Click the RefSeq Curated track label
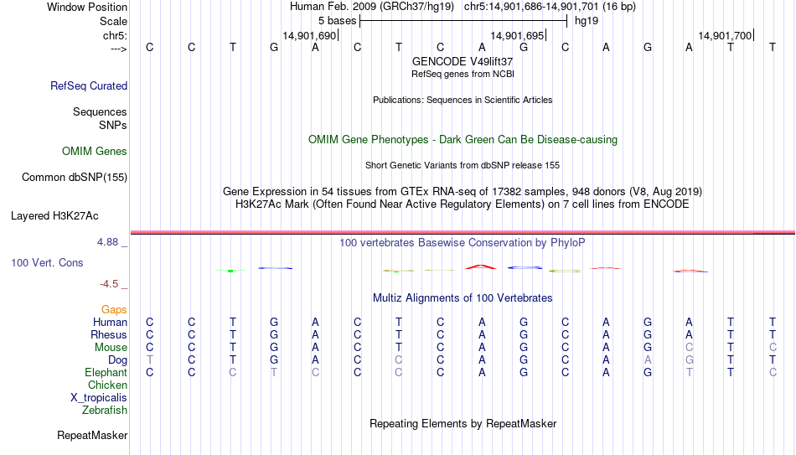click(89, 85)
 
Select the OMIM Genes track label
click(95, 152)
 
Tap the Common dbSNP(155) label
click(75, 178)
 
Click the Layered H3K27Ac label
click(54, 216)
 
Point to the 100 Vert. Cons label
click(47, 262)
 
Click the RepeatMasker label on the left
click(92, 435)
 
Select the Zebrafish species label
click(105, 410)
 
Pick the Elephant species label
click(106, 372)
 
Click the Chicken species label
click(107, 385)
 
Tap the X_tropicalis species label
click(99, 398)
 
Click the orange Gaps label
click(114, 309)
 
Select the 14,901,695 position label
click(517, 35)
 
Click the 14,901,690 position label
click(310, 35)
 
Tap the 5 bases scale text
click(337, 21)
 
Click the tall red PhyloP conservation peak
click(481, 266)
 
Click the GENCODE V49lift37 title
click(463, 61)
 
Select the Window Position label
click(87, 7)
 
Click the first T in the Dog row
click(149, 360)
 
